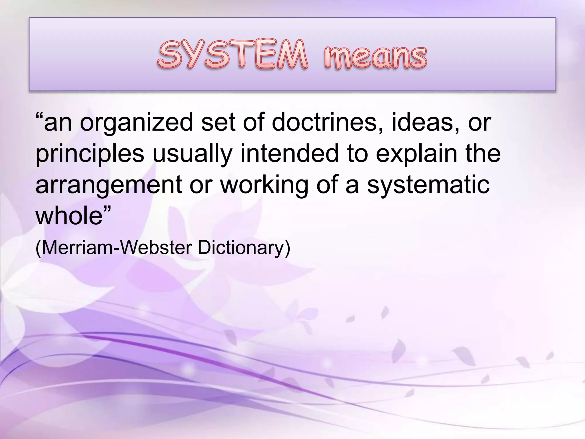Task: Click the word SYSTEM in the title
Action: tap(233, 55)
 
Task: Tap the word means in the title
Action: tap(375, 57)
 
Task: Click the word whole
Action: tap(69, 216)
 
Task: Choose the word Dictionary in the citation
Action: tap(241, 248)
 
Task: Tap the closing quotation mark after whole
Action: tap(107, 209)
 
